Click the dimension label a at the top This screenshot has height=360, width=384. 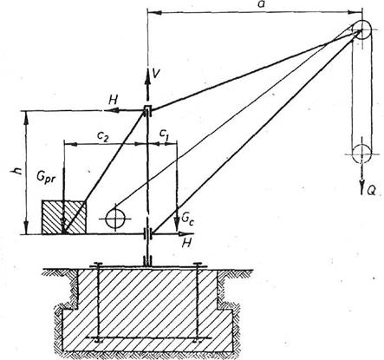(261, 4)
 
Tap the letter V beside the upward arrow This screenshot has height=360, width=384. (156, 74)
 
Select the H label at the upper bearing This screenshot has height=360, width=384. (113, 100)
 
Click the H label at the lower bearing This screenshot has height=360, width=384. (187, 243)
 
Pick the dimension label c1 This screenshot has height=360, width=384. (164, 134)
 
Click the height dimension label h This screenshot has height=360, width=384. (18, 171)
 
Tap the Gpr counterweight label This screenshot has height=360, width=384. (46, 177)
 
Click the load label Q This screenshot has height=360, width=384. (372, 190)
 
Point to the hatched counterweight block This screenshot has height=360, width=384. (64, 217)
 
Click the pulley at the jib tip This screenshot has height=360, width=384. (361, 29)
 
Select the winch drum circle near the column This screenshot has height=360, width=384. (115, 219)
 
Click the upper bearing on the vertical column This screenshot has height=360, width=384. (147, 110)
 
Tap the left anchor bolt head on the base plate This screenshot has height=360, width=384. (98, 264)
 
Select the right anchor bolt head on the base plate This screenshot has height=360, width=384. (198, 264)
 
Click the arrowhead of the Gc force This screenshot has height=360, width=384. (177, 225)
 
